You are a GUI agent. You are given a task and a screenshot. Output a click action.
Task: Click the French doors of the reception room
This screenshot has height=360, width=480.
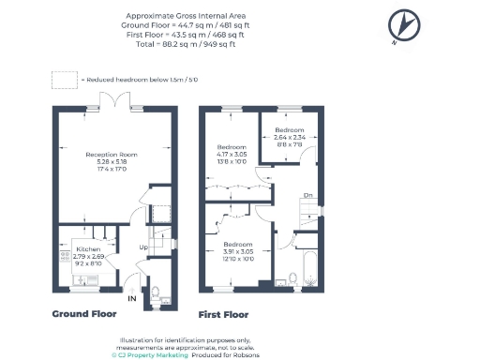pyautogui.click(x=112, y=102)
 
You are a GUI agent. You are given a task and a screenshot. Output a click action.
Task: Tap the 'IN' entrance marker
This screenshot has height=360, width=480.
pyautogui.click(x=132, y=300)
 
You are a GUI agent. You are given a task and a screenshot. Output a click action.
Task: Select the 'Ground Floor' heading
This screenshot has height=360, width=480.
pyautogui.click(x=83, y=314)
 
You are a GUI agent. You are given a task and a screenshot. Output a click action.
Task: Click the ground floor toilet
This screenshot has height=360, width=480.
pyautogui.click(x=155, y=292)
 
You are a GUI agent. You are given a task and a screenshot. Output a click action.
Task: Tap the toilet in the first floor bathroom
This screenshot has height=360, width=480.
pyautogui.click(x=293, y=278)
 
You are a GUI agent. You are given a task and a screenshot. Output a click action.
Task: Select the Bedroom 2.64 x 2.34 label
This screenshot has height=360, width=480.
pyautogui.click(x=289, y=136)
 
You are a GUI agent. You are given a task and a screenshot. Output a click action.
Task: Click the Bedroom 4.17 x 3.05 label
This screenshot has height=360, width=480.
pyautogui.click(x=231, y=155)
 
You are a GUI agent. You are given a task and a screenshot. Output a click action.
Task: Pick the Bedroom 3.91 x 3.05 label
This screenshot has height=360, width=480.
pyautogui.click(x=236, y=252)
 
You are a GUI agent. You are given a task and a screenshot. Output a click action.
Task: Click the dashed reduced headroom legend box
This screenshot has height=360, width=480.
pyautogui.click(x=65, y=80)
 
